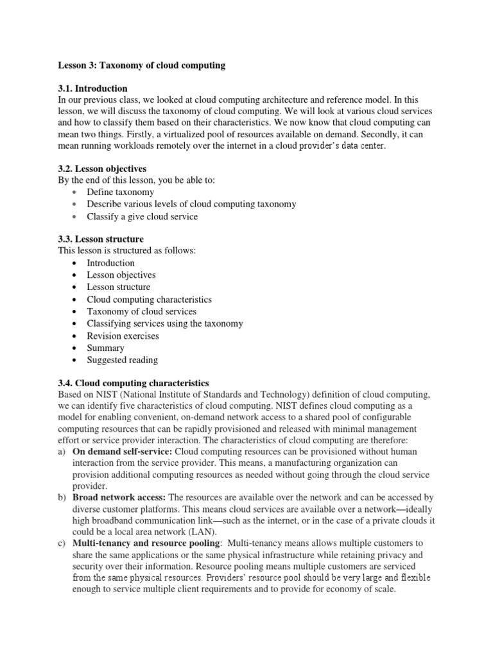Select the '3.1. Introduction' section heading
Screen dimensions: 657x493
pos(93,89)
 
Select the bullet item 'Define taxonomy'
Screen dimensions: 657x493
pos(120,192)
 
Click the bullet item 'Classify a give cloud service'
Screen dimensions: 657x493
pos(142,216)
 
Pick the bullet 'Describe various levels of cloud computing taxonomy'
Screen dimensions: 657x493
pos(191,204)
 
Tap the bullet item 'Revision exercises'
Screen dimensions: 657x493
pos(123,336)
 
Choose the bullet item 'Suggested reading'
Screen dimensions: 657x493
pos(122,360)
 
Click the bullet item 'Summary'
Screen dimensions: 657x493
pos(105,348)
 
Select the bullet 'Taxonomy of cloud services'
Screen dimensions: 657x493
pos(141,311)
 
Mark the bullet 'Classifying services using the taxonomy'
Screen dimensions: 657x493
pos(165,323)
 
